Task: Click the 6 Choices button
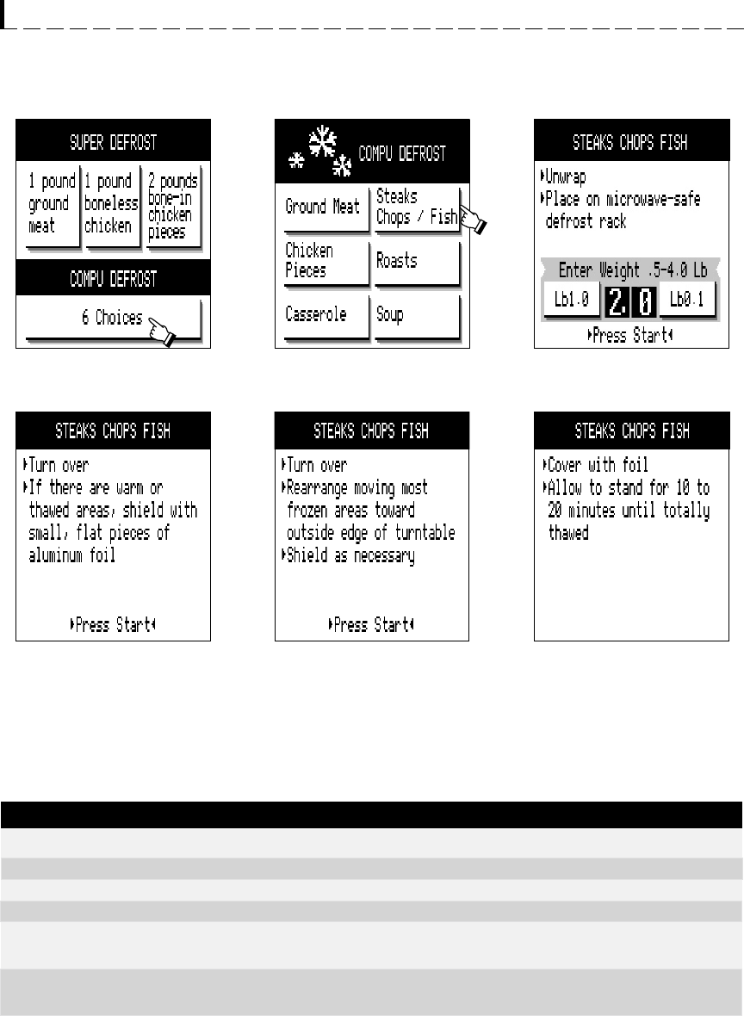pos(114,319)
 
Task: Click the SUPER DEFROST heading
pos(114,142)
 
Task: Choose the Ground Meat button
pos(326,208)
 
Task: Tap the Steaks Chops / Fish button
pos(418,208)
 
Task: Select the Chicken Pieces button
pos(326,263)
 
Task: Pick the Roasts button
pos(418,263)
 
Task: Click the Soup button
pos(418,316)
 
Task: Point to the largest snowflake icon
pos(323,141)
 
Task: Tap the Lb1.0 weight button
pos(572,300)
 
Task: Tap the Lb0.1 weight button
pos(687,300)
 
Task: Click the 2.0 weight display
pos(630,301)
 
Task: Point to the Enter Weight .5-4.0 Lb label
pos(633,269)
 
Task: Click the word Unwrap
pos(565,177)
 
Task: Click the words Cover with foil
pos(598,465)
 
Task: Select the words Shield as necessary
pos(350,556)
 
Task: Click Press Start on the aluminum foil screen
pos(113,624)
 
